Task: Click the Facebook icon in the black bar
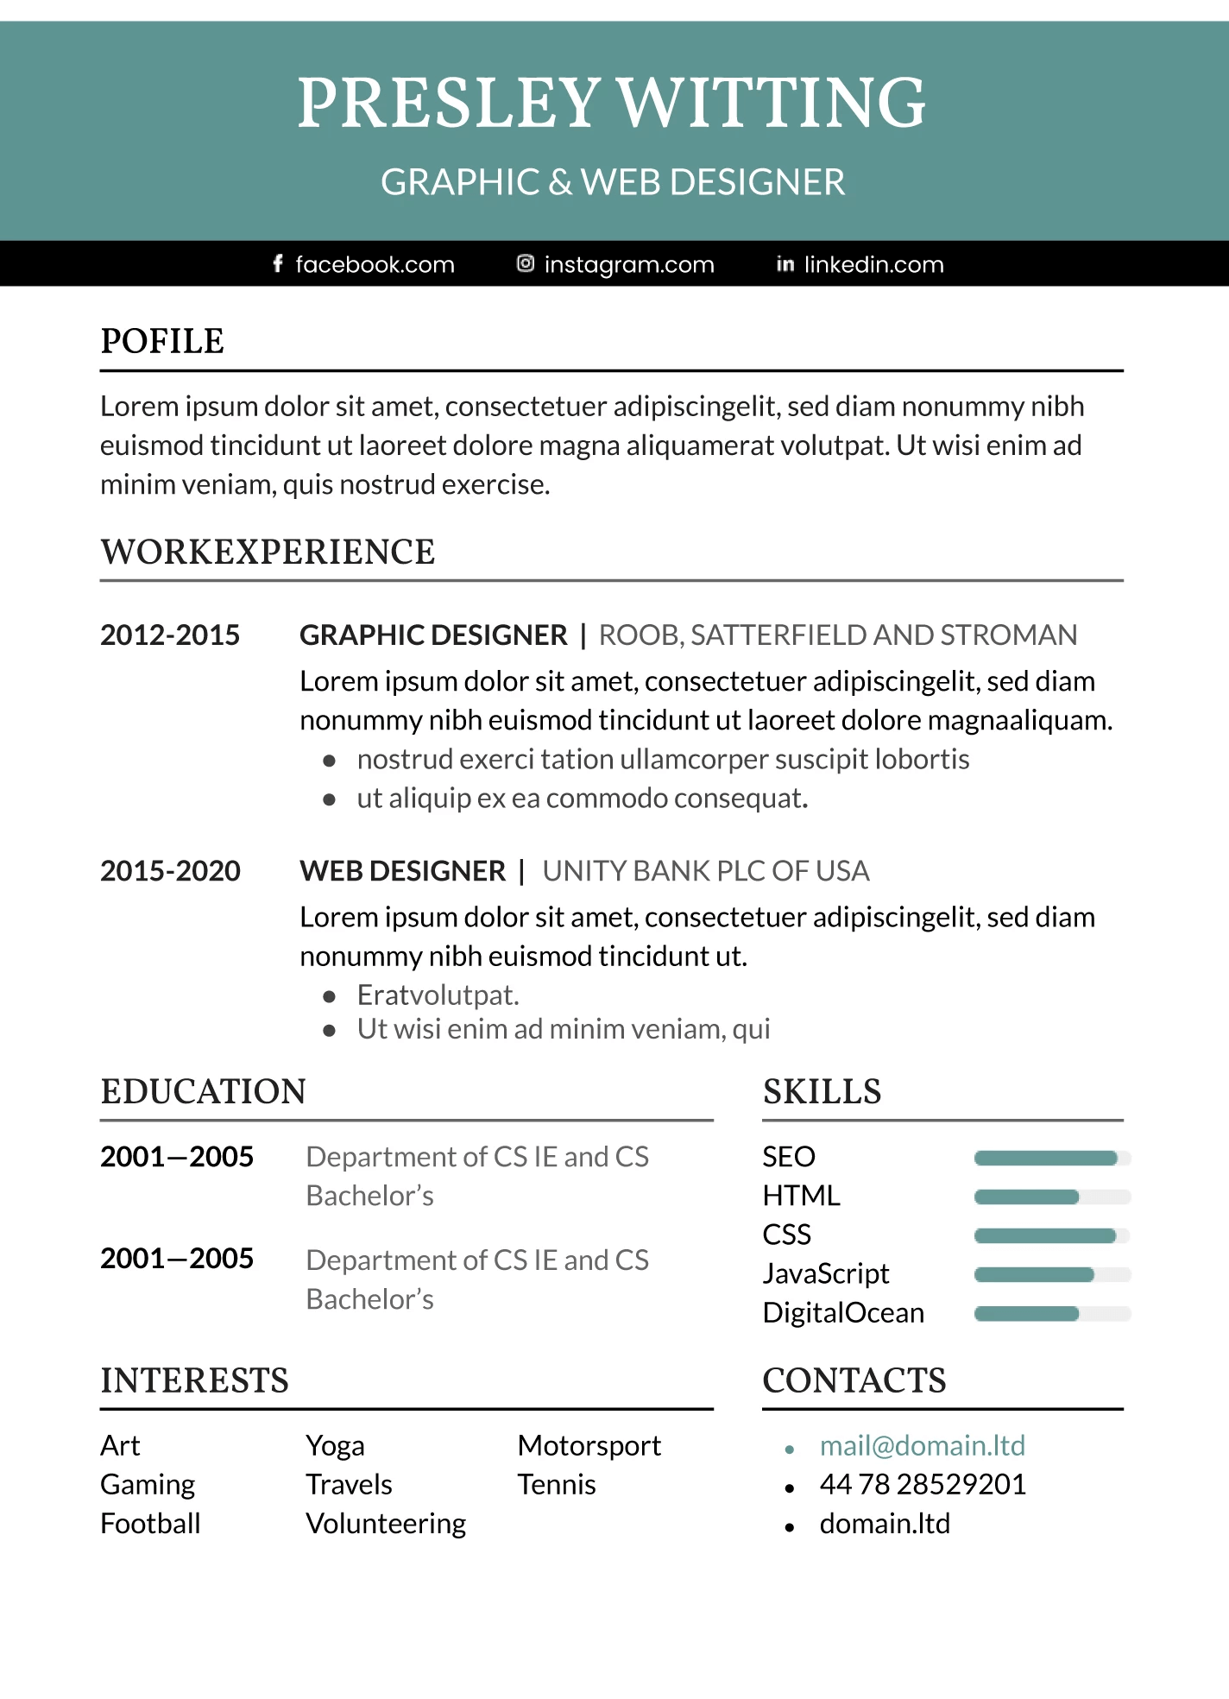[x=277, y=263]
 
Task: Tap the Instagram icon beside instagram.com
[x=525, y=263]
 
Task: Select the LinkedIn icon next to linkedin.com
[x=785, y=264]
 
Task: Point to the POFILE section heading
[x=162, y=342]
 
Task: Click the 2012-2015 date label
[x=170, y=635]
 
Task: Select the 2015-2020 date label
[x=170, y=871]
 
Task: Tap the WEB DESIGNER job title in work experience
[x=402, y=871]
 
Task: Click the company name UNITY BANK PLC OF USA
[x=705, y=871]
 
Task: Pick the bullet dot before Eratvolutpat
[x=329, y=996]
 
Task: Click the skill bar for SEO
[x=1051, y=1158]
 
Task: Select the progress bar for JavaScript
[x=1051, y=1274]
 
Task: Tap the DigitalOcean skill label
[x=843, y=1313]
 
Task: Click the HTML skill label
[x=801, y=1196]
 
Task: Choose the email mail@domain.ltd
[x=922, y=1446]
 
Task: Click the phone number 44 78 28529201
[x=923, y=1485]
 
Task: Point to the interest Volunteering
[x=386, y=1524]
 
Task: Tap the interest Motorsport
[x=589, y=1446]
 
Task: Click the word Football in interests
[x=150, y=1524]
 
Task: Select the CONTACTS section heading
[x=854, y=1381]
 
